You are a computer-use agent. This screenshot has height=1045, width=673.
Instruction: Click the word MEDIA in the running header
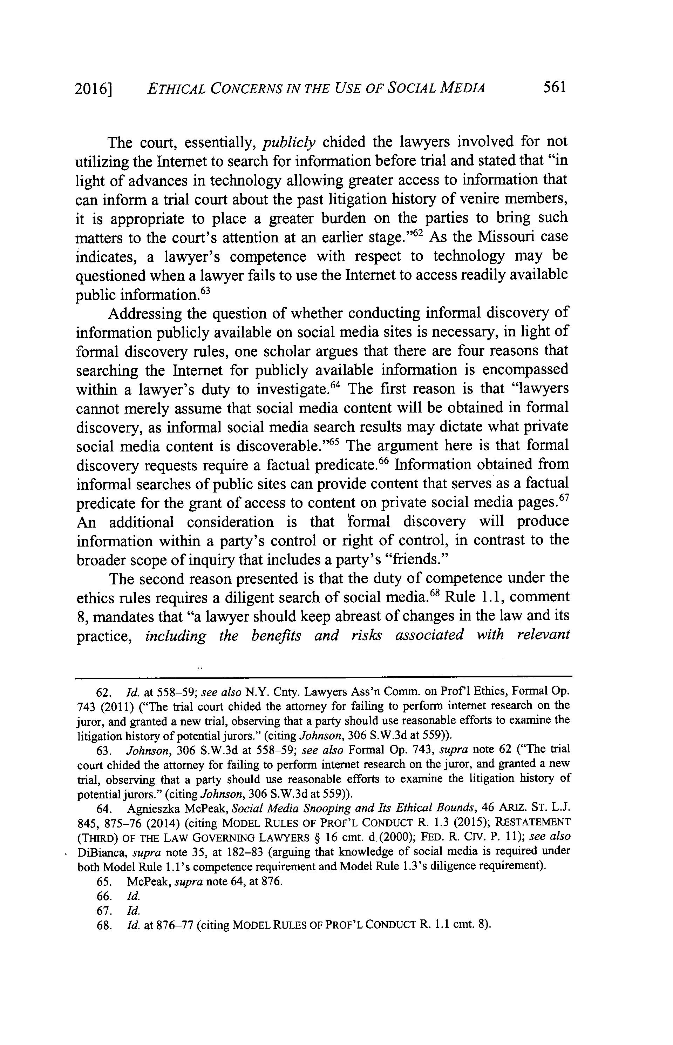click(462, 89)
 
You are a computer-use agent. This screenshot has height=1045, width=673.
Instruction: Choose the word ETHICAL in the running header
click(176, 89)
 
